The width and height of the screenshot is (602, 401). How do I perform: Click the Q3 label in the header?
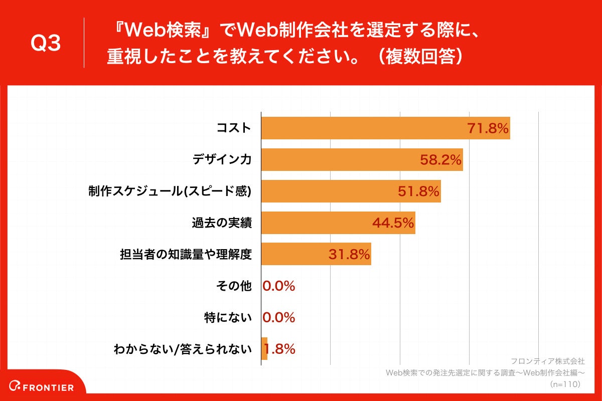(x=46, y=43)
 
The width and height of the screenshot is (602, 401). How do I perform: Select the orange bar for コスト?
(x=361, y=128)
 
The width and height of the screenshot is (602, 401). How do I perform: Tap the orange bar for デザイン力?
(x=341, y=159)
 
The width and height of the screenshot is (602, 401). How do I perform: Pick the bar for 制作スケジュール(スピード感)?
(x=326, y=191)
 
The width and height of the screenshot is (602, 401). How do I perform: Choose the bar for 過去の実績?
(x=316, y=223)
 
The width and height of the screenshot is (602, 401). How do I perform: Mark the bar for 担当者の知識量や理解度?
(x=296, y=254)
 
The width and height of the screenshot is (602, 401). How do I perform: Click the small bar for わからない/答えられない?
(x=264, y=348)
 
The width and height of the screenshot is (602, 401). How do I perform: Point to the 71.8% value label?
(x=488, y=128)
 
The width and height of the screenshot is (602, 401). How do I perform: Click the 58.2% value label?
(x=440, y=160)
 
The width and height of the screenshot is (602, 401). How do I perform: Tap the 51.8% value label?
(x=419, y=191)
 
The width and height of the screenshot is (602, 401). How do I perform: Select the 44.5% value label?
(x=393, y=223)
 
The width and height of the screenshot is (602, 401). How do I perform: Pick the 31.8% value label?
(x=349, y=255)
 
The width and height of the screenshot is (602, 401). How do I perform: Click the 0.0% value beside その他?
(x=279, y=286)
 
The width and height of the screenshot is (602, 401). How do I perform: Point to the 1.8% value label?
(x=282, y=349)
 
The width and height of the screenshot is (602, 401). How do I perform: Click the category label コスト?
(x=233, y=128)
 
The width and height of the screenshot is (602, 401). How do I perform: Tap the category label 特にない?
(x=228, y=318)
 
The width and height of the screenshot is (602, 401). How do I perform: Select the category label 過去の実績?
(x=221, y=223)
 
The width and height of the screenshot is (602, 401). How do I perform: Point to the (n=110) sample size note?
(x=565, y=384)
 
